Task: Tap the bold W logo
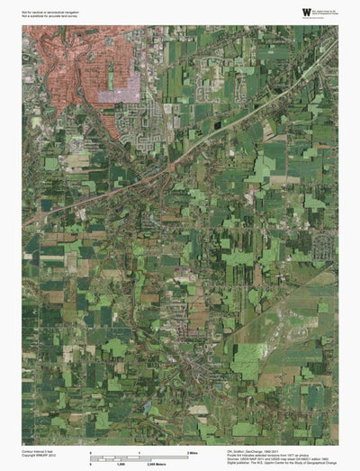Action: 306,12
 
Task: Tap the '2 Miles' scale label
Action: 192,450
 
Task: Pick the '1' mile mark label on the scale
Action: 139,450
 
